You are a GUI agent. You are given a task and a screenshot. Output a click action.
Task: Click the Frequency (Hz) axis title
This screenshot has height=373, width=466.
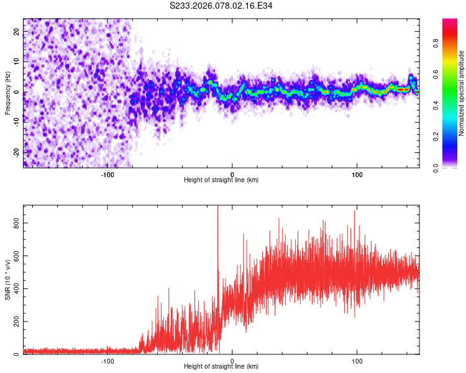tap(7, 92)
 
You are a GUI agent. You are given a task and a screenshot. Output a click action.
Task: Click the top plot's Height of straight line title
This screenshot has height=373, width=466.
tap(221, 180)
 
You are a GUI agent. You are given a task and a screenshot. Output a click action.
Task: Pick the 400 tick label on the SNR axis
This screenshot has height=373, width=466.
tap(16, 288)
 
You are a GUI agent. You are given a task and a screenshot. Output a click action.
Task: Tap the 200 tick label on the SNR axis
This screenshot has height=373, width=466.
tap(16, 321)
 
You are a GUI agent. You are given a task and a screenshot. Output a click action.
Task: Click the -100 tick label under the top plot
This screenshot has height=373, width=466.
tap(107, 173)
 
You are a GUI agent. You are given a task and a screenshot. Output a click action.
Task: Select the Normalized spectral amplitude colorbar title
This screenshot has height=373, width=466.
tap(462, 93)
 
